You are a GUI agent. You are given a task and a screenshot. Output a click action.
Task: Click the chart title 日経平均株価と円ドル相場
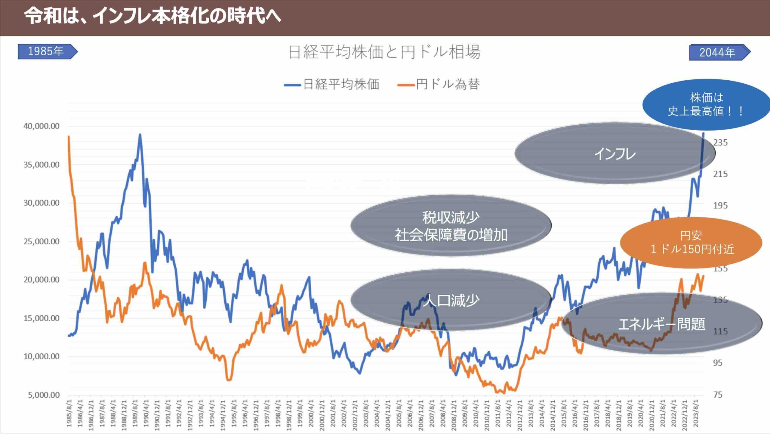pyautogui.click(x=384, y=52)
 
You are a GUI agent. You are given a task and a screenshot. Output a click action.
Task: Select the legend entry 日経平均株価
pyautogui.click(x=332, y=84)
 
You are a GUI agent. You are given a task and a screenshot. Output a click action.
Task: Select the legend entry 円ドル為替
pyautogui.click(x=439, y=84)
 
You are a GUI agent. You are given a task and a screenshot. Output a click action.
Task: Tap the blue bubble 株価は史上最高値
pyautogui.click(x=706, y=104)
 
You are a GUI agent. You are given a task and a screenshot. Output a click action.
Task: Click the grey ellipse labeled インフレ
pyautogui.click(x=614, y=153)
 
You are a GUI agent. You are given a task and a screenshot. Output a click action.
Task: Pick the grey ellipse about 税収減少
pyautogui.click(x=451, y=226)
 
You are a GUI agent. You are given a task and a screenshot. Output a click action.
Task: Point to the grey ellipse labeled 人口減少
pyautogui.click(x=451, y=300)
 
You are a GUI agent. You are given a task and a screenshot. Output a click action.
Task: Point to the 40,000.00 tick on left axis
pyautogui.click(x=42, y=126)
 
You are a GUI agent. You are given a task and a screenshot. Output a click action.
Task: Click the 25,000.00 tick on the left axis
pyautogui.click(x=42, y=241)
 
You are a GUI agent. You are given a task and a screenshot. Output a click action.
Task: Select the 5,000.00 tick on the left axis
pyautogui.click(x=44, y=395)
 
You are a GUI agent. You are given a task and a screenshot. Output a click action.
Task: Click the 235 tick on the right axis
pyautogui.click(x=720, y=142)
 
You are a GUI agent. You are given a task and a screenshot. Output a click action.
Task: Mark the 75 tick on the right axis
pyautogui.click(x=718, y=395)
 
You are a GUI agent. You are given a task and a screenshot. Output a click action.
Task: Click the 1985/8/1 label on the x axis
pyautogui.click(x=69, y=413)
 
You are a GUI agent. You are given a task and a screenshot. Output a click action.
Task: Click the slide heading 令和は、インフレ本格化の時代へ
pyautogui.click(x=152, y=16)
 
